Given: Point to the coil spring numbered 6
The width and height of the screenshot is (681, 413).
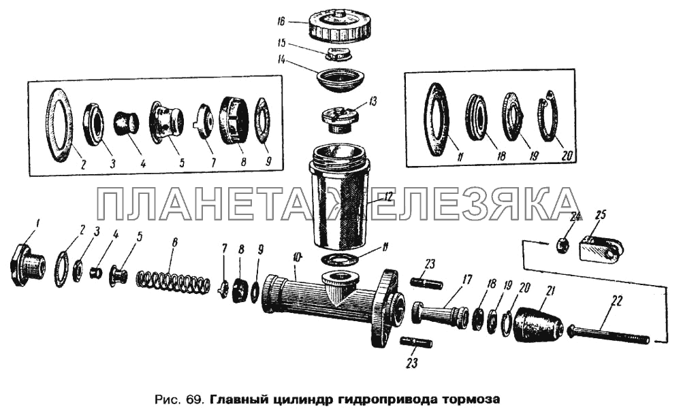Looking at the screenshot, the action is click(174, 282).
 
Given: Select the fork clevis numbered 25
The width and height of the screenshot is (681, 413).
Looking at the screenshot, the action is click(601, 248).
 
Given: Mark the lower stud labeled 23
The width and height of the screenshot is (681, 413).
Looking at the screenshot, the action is click(416, 343).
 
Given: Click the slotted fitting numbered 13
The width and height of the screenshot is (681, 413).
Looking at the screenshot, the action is click(338, 117).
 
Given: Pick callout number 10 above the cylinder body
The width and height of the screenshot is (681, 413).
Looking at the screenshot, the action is click(296, 257).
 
